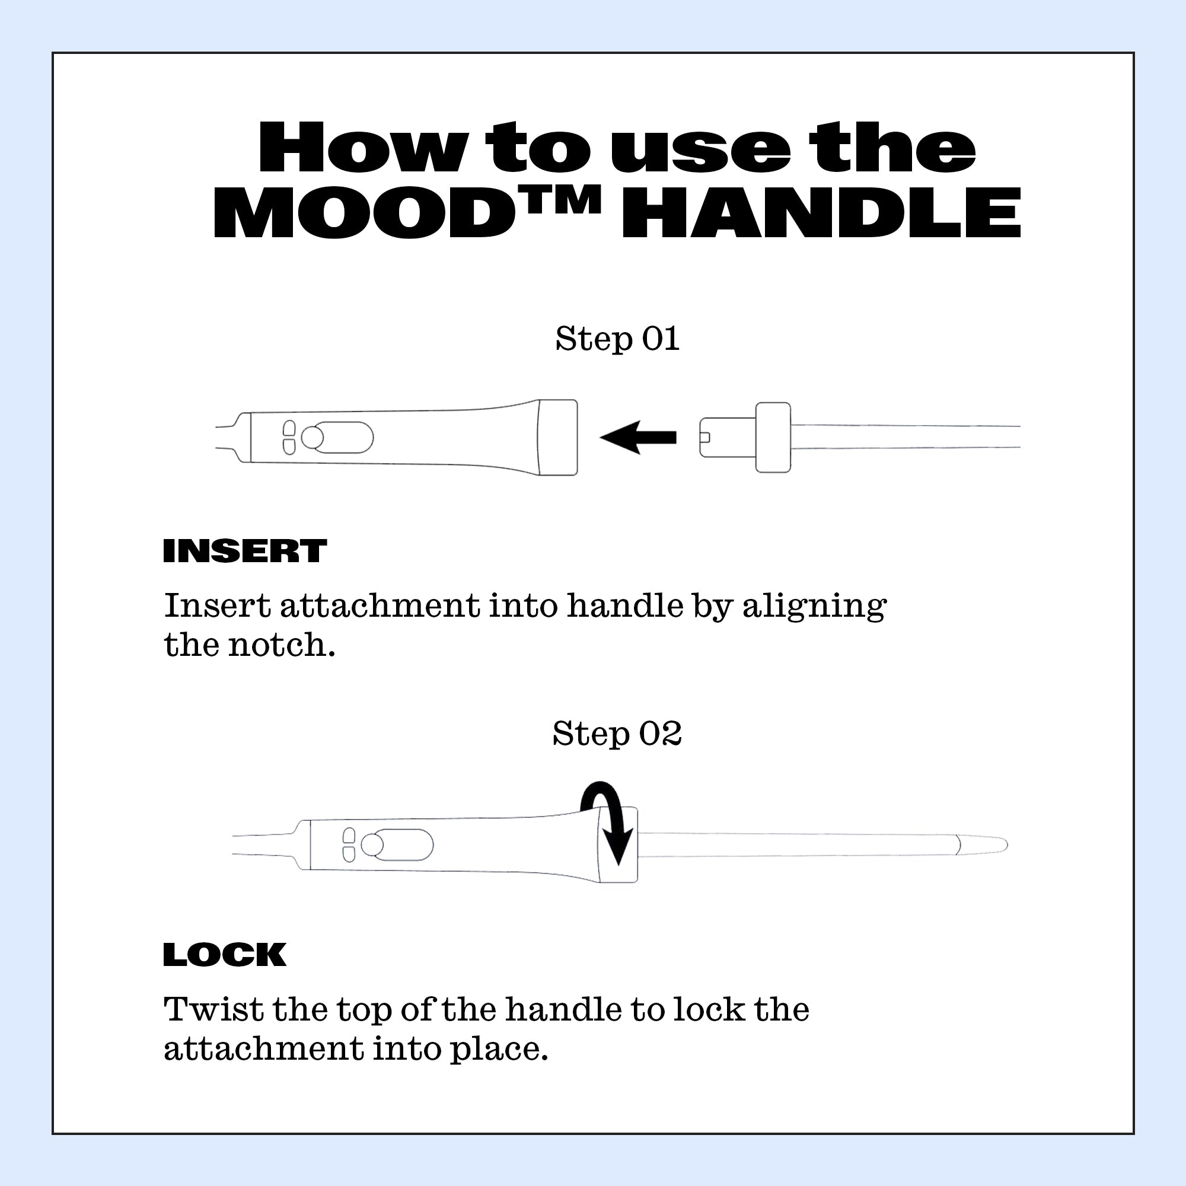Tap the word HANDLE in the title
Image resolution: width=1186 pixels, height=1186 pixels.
coord(821,212)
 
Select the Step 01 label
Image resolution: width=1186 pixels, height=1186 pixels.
coord(617,339)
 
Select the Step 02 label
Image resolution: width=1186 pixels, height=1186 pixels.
coord(617,733)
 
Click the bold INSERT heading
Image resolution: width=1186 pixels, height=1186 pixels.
coord(244,551)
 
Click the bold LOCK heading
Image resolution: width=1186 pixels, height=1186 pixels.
coord(225,955)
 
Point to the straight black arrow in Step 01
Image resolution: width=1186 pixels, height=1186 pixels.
coord(639,437)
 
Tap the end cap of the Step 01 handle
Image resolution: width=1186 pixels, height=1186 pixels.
coord(557,437)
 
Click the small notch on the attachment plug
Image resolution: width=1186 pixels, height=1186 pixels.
coord(704,437)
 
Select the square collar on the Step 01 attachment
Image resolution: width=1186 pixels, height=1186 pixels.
coord(773,437)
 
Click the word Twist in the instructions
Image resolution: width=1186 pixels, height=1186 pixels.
coord(213,1009)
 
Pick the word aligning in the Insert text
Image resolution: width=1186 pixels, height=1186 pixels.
coord(814,607)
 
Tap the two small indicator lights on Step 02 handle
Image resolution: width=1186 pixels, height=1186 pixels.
coord(349,844)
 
